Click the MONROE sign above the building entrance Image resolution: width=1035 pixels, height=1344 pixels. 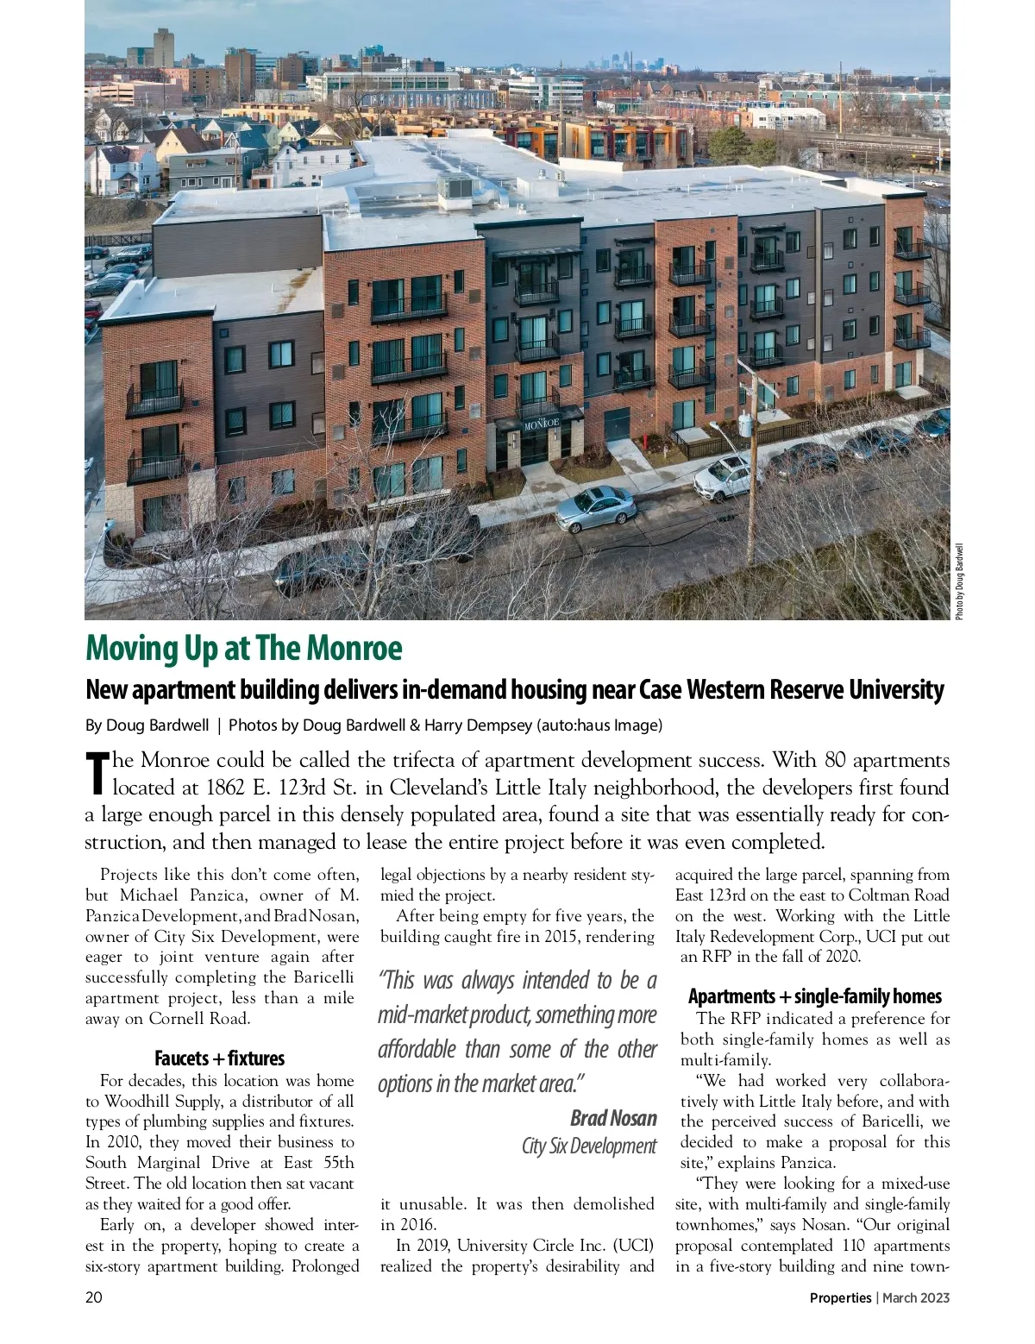tap(542, 423)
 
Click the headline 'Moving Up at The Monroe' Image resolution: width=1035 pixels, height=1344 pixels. tap(243, 649)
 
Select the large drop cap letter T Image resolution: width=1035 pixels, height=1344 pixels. tap(97, 773)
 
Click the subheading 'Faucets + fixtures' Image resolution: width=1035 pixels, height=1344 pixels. tap(219, 1058)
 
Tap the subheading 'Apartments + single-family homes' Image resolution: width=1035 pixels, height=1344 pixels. tap(814, 996)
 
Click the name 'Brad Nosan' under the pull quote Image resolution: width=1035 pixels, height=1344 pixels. tap(613, 1119)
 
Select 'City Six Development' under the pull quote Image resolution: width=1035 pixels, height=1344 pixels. tap(589, 1146)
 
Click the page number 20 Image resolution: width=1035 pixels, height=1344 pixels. tap(93, 1297)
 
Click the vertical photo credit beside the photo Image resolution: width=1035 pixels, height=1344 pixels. tap(958, 580)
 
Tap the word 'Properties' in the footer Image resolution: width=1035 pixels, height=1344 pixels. tap(840, 1297)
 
